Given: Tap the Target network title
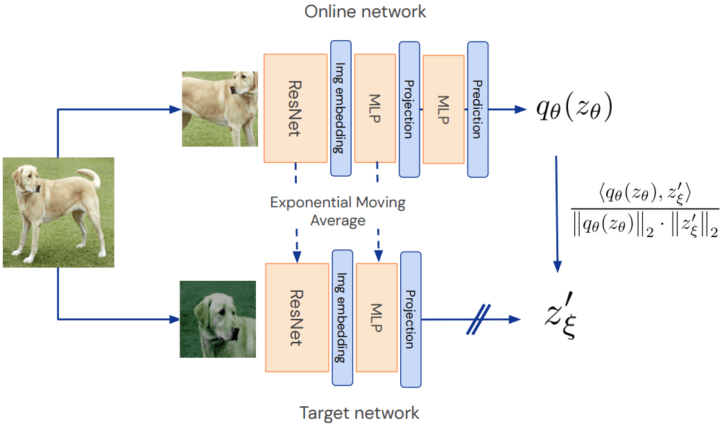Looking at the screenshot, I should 359,413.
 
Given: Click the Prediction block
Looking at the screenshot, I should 477,109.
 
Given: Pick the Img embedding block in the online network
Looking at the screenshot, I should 341,107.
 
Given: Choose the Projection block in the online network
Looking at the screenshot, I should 409,109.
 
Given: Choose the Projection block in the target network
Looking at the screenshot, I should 410,318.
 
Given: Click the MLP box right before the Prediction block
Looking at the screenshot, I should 442,109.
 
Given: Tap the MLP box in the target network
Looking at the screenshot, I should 376,317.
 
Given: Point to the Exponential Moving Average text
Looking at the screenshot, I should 337,211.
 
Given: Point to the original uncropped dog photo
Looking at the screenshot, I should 58,212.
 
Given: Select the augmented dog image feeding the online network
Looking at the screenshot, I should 219,109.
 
